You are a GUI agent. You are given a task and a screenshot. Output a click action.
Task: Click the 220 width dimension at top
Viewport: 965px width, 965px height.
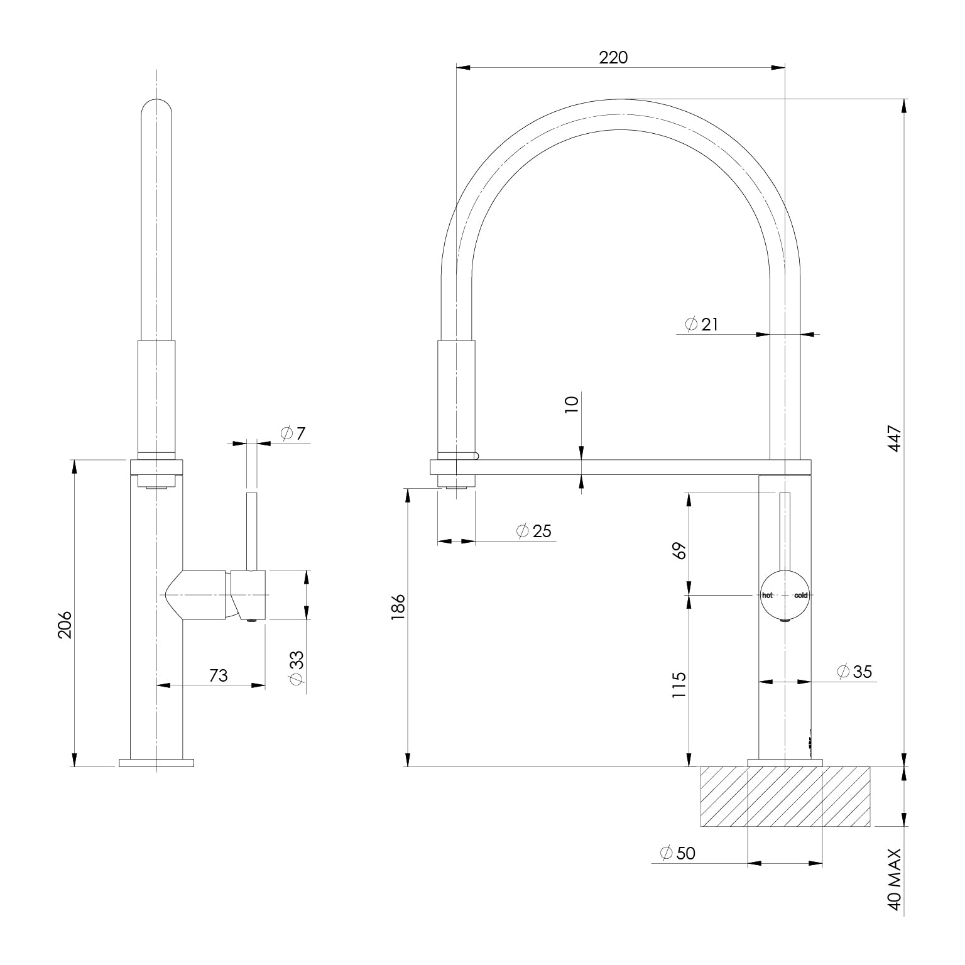point(613,58)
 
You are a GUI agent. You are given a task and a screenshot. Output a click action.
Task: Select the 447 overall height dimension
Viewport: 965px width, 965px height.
point(894,438)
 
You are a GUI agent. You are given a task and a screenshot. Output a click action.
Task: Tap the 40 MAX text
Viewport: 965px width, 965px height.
point(894,888)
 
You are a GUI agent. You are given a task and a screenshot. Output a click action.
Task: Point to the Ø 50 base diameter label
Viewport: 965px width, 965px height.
point(678,853)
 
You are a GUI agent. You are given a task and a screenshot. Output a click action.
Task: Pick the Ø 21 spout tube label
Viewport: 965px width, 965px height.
point(701,324)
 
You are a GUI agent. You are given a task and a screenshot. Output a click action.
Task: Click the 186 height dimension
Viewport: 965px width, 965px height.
point(398,608)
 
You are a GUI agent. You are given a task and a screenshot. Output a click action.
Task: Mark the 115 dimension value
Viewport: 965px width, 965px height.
point(679,686)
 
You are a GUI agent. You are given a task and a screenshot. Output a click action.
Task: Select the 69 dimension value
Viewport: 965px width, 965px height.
point(679,550)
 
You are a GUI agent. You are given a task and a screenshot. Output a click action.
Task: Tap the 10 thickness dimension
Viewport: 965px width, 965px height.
point(572,403)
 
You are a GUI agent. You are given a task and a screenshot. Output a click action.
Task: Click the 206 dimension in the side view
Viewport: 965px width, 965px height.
point(65,624)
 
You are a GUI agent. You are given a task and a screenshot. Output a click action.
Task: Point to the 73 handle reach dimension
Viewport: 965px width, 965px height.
point(218,675)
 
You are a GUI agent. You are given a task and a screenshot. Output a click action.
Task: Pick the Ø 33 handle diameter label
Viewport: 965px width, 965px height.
point(297,667)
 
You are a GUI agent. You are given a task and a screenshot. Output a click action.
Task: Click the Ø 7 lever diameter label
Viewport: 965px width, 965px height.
point(293,433)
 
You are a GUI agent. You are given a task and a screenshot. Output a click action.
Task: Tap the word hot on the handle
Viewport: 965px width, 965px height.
point(767,595)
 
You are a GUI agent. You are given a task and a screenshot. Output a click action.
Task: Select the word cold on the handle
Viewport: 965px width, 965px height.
point(800,595)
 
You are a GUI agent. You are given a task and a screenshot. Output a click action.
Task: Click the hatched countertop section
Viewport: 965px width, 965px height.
point(785,796)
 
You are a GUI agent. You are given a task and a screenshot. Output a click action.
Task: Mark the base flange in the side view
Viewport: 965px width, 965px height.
point(156,763)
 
